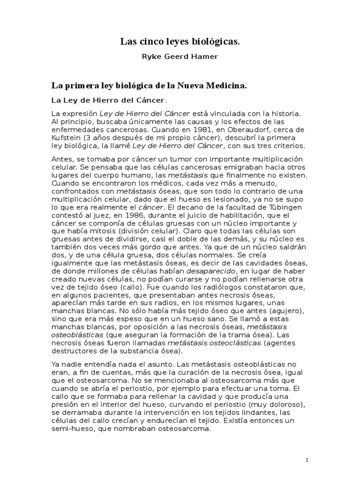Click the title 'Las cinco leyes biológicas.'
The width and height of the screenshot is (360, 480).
coord(180,42)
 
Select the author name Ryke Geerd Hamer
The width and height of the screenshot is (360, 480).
coord(180,57)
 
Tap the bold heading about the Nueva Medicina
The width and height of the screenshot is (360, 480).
coord(149,87)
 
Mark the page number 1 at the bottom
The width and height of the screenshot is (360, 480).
coord(307,460)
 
